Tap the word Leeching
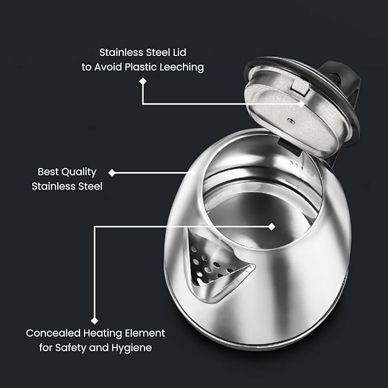pyautogui.click(x=181, y=67)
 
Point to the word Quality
pyautogui.click(x=79, y=171)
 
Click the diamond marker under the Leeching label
pyautogui.click(x=142, y=82)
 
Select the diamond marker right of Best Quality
pyautogui.click(x=112, y=172)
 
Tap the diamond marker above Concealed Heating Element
pyautogui.click(x=94, y=321)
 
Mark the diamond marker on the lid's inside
pyautogui.click(x=303, y=104)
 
